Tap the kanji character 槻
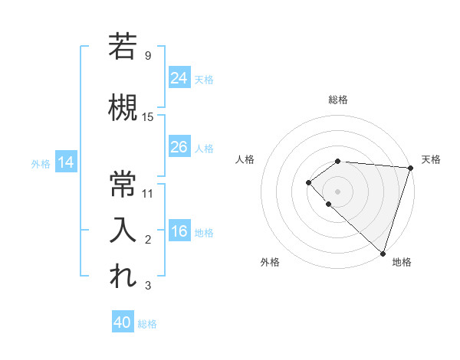(123, 108)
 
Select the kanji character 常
(123, 184)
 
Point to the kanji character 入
(123, 231)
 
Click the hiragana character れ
(123, 277)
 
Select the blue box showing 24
(179, 77)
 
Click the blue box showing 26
(179, 147)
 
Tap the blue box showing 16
(179, 231)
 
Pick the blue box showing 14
(66, 162)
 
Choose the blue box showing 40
(123, 322)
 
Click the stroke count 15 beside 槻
(148, 116)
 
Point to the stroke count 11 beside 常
(148, 193)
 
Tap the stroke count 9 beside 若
(148, 55)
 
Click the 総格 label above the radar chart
(338, 100)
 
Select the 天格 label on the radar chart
(431, 159)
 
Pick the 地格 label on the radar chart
(402, 262)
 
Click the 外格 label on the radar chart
(270, 262)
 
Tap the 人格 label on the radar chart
(245, 159)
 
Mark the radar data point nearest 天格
(410, 167)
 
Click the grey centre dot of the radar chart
(338, 191)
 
